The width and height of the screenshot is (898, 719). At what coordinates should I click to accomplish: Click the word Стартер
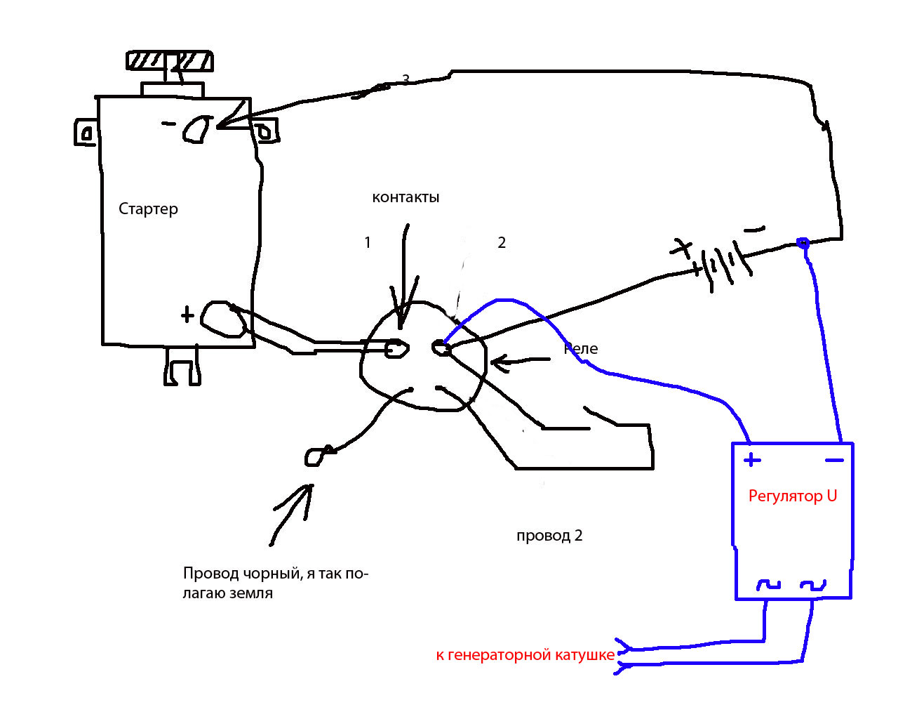point(148,209)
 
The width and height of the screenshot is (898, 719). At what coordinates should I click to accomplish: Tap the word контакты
point(406,197)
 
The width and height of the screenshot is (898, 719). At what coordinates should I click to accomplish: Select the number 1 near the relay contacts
point(368,243)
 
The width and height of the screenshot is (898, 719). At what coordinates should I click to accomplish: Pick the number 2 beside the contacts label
point(502,243)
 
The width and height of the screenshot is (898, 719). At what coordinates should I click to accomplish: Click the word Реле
point(582,349)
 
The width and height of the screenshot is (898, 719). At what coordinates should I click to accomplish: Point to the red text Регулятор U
point(793,496)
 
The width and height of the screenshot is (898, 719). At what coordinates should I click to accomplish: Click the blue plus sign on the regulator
point(752,461)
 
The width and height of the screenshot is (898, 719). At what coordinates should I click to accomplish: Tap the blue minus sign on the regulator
point(834,461)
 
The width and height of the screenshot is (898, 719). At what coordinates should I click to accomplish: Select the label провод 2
point(549,536)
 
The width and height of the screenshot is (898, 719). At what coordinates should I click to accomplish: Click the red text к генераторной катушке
point(525,655)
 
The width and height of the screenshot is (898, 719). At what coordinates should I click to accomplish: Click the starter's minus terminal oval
point(197,129)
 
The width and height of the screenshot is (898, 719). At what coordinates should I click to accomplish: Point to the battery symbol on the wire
point(719,265)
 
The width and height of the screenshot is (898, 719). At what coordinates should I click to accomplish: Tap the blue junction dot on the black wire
point(804,244)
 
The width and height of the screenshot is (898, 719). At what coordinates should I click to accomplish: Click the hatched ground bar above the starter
point(169,61)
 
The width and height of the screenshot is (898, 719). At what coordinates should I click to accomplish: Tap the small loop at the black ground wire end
point(316,456)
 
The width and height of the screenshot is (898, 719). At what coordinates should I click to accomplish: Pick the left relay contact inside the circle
point(396,348)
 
